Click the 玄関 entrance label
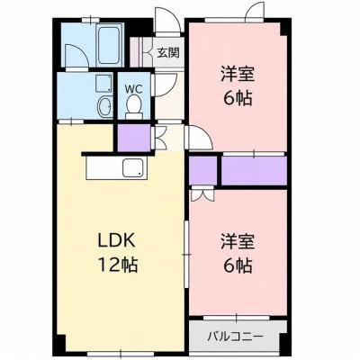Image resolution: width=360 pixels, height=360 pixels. [168, 53]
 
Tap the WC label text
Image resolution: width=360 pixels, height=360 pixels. [133, 88]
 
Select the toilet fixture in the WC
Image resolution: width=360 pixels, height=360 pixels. [134, 107]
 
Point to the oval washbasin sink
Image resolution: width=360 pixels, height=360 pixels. [104, 106]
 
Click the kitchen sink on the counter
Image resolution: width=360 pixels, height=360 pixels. [133, 167]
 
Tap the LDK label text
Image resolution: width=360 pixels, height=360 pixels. [116, 240]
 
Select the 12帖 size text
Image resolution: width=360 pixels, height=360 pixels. [118, 265]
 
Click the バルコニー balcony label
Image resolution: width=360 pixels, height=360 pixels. [236, 336]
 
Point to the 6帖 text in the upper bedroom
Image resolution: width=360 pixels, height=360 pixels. [238, 98]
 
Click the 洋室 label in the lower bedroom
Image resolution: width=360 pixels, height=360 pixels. [238, 241]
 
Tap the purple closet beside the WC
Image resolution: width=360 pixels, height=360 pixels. [133, 138]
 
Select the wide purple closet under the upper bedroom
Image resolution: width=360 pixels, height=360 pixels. [254, 170]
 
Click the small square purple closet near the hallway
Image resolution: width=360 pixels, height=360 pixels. [202, 170]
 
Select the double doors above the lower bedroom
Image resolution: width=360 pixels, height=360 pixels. [202, 193]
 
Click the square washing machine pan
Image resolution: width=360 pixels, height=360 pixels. [103, 84]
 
